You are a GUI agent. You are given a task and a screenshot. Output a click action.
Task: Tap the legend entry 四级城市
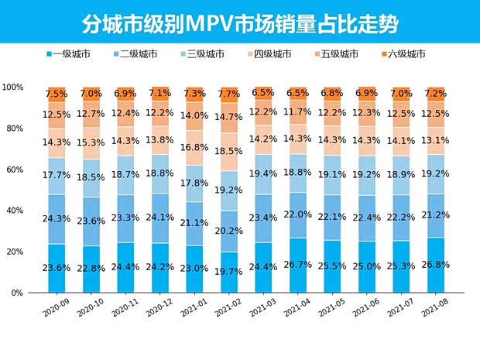coord(272,54)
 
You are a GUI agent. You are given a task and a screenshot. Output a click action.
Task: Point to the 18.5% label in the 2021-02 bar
coord(228,151)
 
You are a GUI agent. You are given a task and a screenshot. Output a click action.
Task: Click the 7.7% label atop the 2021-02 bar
coord(228,94)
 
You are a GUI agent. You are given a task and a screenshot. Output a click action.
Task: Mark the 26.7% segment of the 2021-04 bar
coord(297,266)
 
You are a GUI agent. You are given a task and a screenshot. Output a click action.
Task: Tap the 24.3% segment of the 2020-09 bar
coord(56,219)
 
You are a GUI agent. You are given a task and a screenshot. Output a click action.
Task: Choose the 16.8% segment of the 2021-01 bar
coord(194,147)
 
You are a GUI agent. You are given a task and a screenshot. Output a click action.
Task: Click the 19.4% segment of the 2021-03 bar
coord(263,174)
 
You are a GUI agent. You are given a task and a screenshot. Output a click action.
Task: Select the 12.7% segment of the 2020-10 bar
coord(91,115)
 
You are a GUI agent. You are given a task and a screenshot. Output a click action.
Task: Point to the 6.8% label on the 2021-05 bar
coord(331,93)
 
